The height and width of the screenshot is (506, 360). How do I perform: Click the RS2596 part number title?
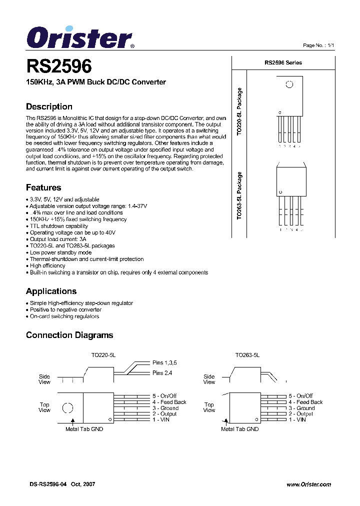[58, 67]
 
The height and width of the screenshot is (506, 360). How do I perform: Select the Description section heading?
[49, 106]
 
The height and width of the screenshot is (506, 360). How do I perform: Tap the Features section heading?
[43, 187]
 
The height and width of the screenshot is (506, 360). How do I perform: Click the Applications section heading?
[51, 291]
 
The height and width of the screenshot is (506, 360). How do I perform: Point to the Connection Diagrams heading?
[69, 335]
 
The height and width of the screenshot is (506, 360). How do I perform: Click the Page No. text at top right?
[318, 45]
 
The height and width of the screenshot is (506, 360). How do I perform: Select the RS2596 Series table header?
[283, 62]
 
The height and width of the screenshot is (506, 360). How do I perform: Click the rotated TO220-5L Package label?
[239, 112]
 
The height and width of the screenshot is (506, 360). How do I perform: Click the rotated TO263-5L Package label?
[239, 196]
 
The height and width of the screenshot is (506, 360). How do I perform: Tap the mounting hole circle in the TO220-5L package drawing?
[289, 84]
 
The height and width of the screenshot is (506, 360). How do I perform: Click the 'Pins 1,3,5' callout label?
[164, 362]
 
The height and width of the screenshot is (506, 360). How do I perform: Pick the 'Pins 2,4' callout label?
[162, 373]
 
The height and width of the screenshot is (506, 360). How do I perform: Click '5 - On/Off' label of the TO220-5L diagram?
[165, 396]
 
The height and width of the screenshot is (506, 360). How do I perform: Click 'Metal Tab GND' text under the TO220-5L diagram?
[84, 429]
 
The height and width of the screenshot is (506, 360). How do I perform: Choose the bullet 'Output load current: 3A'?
[57, 239]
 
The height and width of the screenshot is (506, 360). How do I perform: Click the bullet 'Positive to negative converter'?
[65, 309]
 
